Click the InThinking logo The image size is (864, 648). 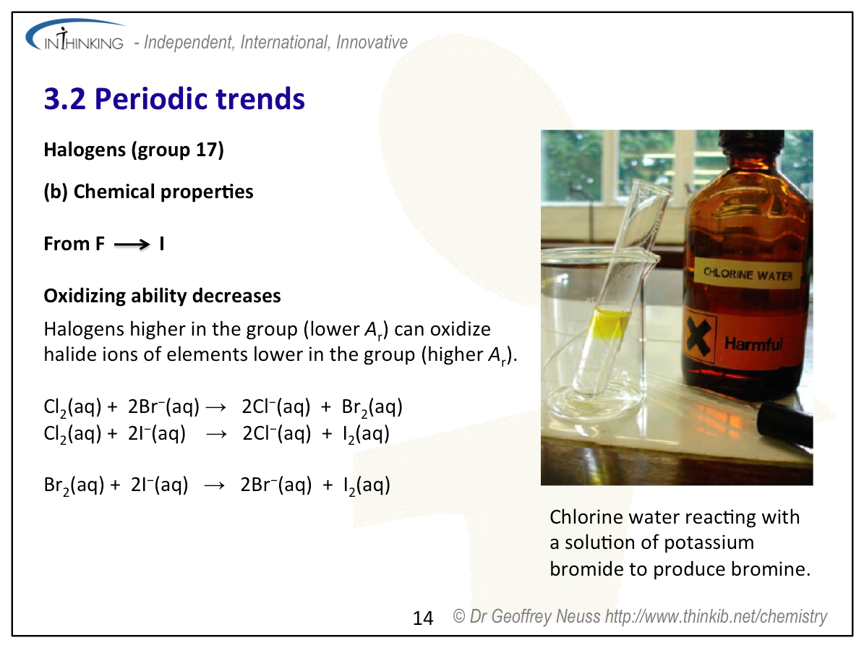(x=75, y=36)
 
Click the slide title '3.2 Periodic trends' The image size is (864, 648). (x=174, y=99)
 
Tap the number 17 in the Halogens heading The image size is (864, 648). (x=207, y=150)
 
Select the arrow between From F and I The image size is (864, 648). (x=132, y=244)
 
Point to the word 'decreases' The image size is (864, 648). (x=236, y=296)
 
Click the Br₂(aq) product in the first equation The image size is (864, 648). (x=372, y=407)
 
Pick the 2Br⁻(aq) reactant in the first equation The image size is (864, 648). (x=163, y=406)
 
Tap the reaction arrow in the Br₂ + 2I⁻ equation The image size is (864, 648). (x=214, y=485)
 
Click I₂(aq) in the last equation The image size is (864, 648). (x=367, y=485)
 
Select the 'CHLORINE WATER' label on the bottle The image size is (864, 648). (x=748, y=274)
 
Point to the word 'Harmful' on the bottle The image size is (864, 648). (x=753, y=344)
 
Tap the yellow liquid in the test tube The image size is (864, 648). (x=608, y=326)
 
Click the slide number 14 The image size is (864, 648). (x=423, y=618)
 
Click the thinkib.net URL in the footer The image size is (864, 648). (x=717, y=617)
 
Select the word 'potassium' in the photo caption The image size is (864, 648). (x=707, y=543)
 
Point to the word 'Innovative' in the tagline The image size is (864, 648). (x=372, y=43)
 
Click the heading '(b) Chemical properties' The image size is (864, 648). (x=148, y=192)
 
